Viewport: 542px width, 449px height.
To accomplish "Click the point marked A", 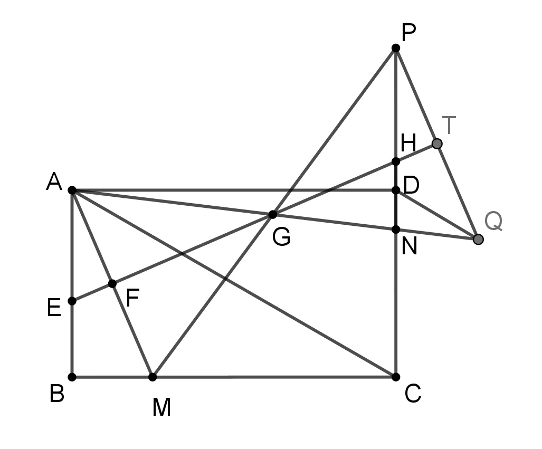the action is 72,190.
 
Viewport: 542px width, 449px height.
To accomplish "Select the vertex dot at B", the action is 72,377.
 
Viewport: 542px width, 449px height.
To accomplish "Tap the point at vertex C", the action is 396,377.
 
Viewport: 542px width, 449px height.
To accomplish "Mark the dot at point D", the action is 396,190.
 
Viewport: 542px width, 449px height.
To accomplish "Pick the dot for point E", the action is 72,301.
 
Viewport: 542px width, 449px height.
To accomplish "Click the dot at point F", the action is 112,284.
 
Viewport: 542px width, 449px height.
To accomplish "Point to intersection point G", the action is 273,215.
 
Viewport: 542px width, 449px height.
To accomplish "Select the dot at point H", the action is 396,161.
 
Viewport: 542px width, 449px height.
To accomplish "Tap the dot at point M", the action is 153,377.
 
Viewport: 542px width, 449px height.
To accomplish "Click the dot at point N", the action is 396,230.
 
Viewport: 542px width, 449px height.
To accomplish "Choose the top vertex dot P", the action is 396,48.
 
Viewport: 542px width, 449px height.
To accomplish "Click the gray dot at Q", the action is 478,239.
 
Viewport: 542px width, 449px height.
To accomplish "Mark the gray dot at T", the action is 437,144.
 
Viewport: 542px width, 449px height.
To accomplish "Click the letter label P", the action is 408,33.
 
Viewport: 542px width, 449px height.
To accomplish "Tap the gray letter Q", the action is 493,221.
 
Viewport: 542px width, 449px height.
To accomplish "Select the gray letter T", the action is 449,125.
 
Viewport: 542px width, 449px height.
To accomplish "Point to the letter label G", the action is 281,237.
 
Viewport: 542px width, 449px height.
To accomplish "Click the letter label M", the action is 161,407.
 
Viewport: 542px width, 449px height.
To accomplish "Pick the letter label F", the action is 132,298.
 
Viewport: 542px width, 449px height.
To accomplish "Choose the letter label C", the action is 413,394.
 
